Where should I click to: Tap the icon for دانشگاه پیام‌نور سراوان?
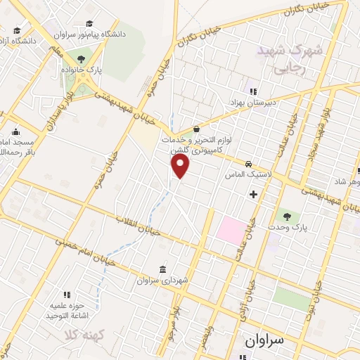(89, 22)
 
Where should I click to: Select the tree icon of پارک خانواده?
(82, 60)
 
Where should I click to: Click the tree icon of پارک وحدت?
(286, 215)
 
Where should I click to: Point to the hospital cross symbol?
(253, 193)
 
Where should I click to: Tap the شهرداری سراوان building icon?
(163, 270)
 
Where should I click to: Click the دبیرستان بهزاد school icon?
(251, 91)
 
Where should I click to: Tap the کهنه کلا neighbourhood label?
(80, 331)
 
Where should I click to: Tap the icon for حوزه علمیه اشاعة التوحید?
(67, 295)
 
